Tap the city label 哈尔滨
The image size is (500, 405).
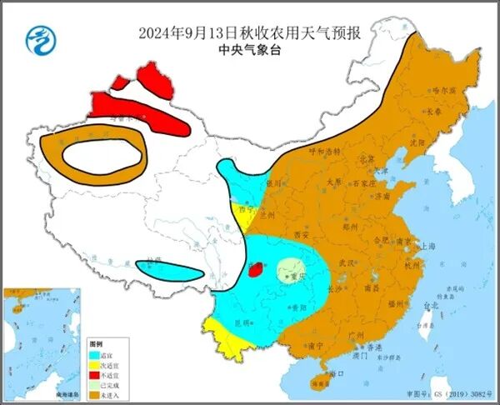pos(444,91)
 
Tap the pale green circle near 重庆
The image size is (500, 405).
pos(291,269)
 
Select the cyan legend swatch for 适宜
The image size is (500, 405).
pos(96,353)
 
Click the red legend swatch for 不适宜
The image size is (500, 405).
pos(96,374)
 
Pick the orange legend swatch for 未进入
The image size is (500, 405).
pos(96,394)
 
